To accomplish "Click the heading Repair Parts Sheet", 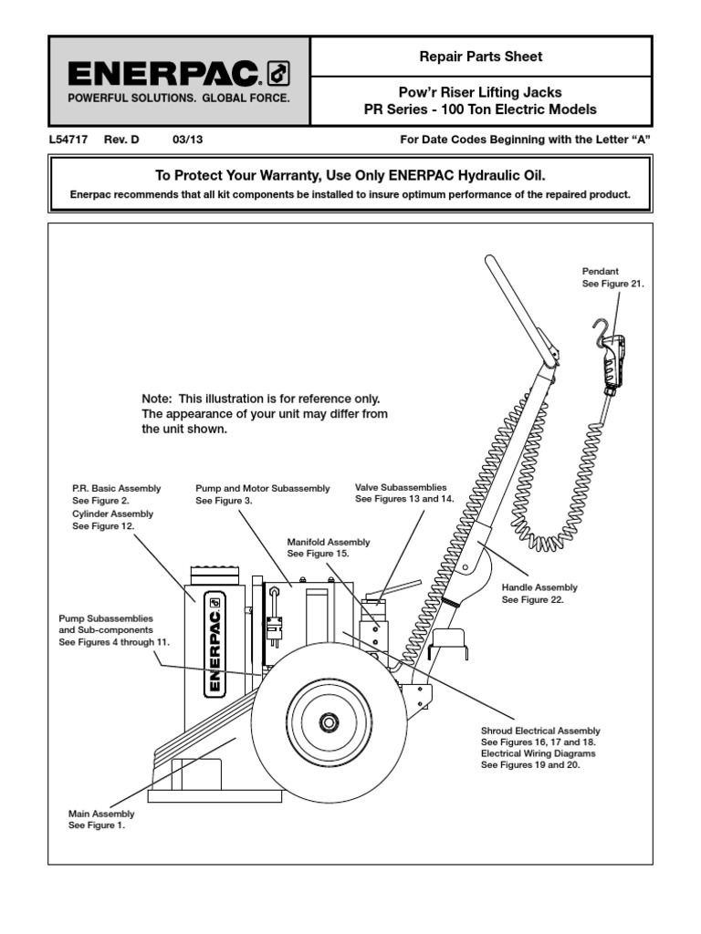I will [x=480, y=57].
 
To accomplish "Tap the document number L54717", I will [x=68, y=140].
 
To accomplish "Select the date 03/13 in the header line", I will [x=186, y=140].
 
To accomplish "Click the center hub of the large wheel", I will [x=327, y=722].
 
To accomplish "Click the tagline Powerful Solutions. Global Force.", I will [x=178, y=98].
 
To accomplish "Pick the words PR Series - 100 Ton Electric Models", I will [x=480, y=109].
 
